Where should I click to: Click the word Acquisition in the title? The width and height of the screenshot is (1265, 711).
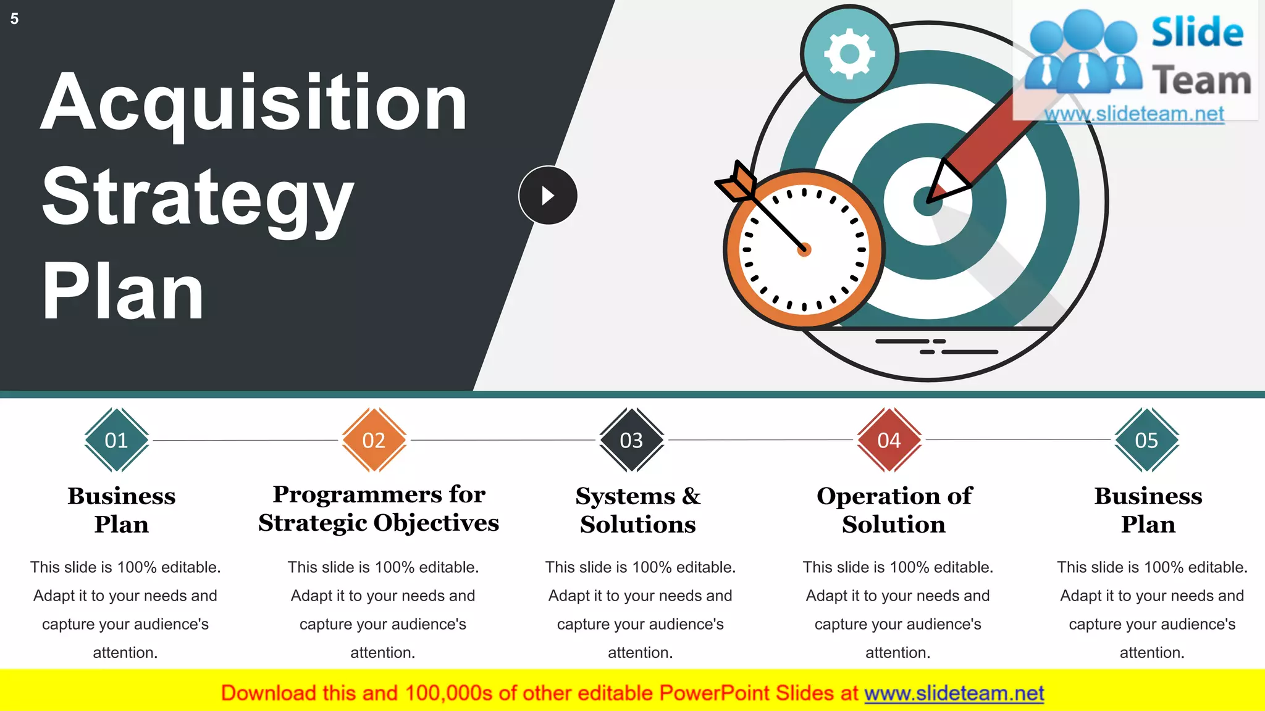coord(253,104)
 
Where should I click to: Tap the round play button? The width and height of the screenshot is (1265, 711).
coord(548,196)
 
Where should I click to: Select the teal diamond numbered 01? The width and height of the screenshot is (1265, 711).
coord(117,440)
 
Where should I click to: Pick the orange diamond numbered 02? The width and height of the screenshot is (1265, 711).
coord(374,440)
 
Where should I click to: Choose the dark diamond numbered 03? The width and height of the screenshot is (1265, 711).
coord(631,440)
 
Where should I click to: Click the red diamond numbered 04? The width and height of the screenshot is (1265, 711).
coord(889,440)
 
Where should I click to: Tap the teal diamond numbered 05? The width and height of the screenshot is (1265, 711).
coord(1146,440)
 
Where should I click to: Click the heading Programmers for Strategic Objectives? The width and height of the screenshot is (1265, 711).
coord(379,509)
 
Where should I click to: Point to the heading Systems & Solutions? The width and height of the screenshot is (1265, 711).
coord(638,510)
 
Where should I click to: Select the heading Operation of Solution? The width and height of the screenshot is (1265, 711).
coord(894,510)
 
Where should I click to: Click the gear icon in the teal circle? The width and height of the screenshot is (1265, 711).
coord(849,54)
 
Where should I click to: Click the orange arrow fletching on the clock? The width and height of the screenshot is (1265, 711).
coord(737,183)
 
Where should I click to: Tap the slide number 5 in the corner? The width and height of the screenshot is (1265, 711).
coord(14,19)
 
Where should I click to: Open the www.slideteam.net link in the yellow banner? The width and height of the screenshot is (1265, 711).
coord(954,693)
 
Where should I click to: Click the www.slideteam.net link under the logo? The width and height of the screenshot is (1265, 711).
coord(1134,114)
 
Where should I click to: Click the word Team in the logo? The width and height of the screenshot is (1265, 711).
coord(1201,80)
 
